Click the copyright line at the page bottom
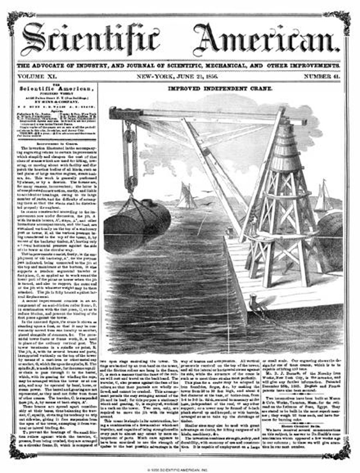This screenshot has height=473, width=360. (x=180, y=468)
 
